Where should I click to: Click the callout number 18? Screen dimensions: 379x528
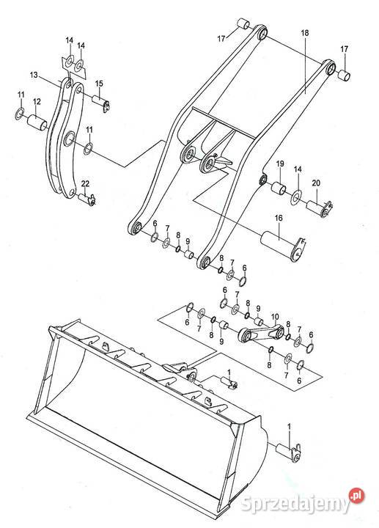(305, 33)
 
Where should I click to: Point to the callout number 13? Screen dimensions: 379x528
(34, 75)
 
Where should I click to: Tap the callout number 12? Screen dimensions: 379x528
(37, 101)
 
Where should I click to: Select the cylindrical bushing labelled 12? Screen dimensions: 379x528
(37, 122)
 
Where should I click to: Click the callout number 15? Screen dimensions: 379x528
(99, 84)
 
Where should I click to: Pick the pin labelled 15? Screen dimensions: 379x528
(101, 103)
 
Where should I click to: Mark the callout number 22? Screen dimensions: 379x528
(86, 183)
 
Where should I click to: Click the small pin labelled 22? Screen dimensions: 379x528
(87, 198)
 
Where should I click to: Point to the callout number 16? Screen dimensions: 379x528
(279, 219)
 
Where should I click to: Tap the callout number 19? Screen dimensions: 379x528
(280, 164)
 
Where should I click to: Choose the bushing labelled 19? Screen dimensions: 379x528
(279, 188)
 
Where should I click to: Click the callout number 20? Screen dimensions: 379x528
(316, 183)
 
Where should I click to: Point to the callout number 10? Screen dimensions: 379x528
(275, 317)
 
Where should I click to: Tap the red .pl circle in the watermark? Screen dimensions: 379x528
(357, 495)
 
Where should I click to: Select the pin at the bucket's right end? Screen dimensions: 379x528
(288, 451)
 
